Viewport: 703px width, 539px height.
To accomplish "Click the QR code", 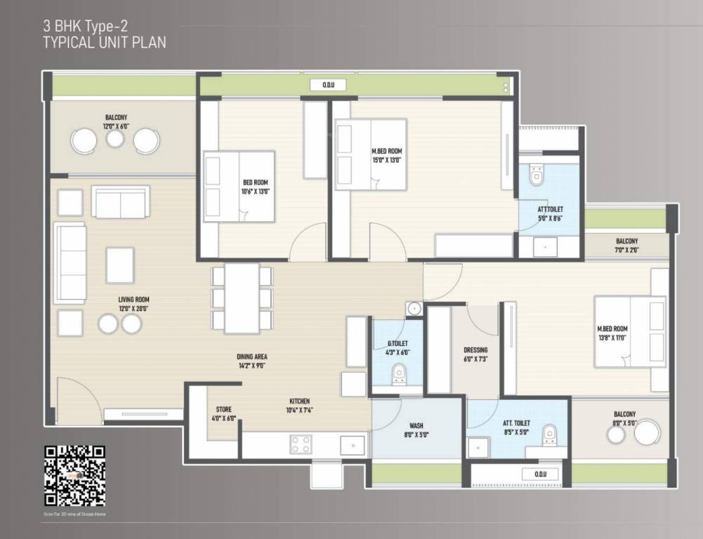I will click(74, 475).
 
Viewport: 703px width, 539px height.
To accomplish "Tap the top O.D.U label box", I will click(328, 85).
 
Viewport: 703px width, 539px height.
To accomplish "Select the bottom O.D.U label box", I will click(539, 474).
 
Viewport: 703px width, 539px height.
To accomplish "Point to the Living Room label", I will click(133, 304).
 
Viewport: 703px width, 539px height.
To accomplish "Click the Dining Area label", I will click(251, 361).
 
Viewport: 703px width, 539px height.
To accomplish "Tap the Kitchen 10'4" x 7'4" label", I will click(298, 406).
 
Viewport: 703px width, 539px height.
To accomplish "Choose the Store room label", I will click(223, 413).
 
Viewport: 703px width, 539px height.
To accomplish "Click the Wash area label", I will click(416, 430).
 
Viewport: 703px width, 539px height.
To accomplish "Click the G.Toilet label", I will click(398, 348).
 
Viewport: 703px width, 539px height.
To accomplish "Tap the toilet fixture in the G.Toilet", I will click(399, 373).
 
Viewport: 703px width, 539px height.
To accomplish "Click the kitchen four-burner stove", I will click(301, 444).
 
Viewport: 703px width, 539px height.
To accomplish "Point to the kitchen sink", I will click(351, 445).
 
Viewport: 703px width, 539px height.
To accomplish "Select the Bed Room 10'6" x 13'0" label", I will click(256, 187).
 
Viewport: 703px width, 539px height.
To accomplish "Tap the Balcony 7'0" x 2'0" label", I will click(626, 245).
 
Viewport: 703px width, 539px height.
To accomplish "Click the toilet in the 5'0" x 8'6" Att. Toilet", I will click(537, 174).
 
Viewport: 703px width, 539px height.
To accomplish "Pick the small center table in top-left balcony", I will click(115, 139).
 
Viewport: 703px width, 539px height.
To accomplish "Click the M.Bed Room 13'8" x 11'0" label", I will click(612, 333).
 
